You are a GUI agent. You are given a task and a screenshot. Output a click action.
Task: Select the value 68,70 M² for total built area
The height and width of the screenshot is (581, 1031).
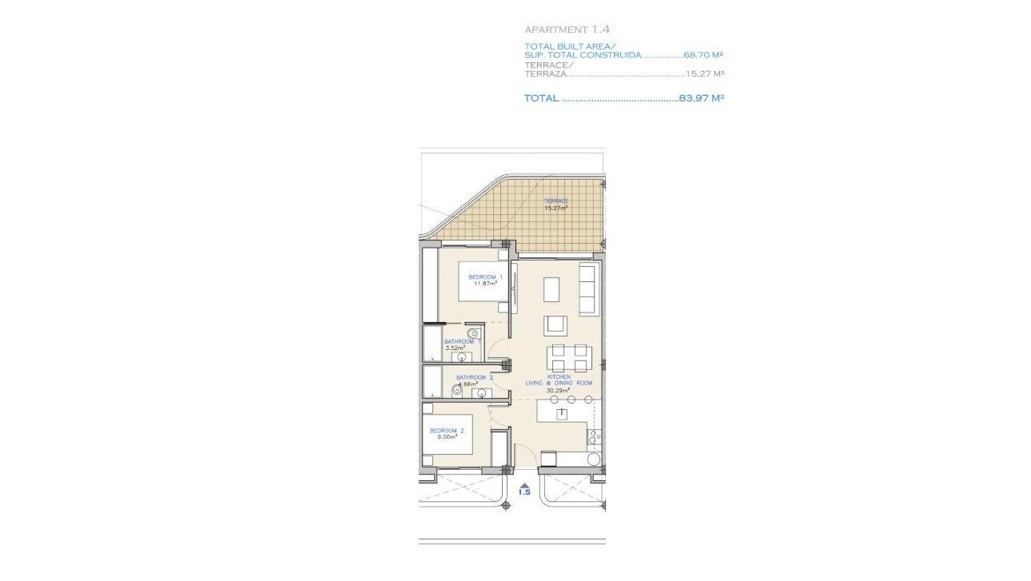click(703, 56)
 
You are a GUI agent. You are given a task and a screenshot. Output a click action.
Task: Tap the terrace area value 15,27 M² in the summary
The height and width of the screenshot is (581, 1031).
click(704, 74)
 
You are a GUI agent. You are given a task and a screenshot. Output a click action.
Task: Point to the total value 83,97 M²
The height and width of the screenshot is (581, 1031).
click(701, 98)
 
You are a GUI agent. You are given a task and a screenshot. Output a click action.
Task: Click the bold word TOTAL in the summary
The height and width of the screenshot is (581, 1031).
click(541, 98)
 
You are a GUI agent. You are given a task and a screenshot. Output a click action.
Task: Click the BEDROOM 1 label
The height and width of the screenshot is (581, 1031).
click(485, 277)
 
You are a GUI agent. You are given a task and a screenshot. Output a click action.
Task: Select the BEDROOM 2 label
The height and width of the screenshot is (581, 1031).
click(445, 431)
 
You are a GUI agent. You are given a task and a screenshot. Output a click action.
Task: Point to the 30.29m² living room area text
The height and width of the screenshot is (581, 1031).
click(558, 391)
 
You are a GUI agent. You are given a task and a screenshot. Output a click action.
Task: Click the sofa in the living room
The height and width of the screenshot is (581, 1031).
click(587, 289)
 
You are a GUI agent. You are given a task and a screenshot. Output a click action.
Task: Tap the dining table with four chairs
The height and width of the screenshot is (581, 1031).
click(568, 358)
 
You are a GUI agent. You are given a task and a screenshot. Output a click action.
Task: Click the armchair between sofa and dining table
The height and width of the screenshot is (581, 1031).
click(555, 325)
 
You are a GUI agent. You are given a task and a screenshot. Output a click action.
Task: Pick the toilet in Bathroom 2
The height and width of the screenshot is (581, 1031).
click(457, 390)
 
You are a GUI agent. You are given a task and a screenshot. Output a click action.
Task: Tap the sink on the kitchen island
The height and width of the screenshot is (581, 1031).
click(563, 413)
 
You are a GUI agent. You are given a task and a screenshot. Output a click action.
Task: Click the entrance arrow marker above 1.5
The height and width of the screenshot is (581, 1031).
click(523, 485)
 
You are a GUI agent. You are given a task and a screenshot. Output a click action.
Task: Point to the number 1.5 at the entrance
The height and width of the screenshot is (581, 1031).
click(523, 493)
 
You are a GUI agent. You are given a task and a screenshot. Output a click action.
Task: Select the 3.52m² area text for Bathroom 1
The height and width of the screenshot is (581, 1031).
click(454, 348)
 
